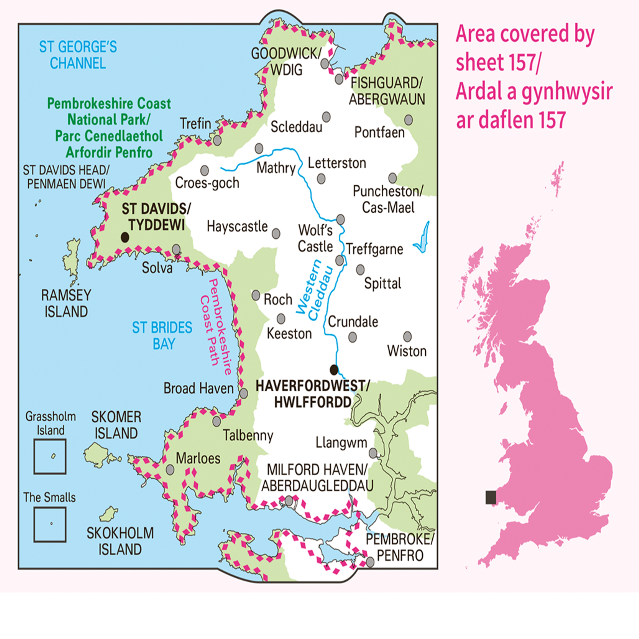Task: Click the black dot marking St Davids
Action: tap(125, 237)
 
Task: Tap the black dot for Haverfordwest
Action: tap(334, 369)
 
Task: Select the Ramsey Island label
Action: tap(66, 303)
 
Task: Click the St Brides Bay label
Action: tap(162, 335)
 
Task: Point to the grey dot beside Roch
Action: tap(256, 295)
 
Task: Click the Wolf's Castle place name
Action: tap(315, 238)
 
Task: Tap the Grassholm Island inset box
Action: tap(50, 456)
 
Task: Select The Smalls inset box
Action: tap(50, 525)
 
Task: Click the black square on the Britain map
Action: tap(491, 498)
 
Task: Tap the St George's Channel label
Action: tap(78, 55)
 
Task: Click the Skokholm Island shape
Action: tap(108, 514)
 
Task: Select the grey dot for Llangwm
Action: tap(373, 453)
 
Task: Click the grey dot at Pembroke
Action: tap(370, 562)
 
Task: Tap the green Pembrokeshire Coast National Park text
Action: tap(109, 128)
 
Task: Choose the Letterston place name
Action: tap(337, 163)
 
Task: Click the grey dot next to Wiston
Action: tap(407, 336)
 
